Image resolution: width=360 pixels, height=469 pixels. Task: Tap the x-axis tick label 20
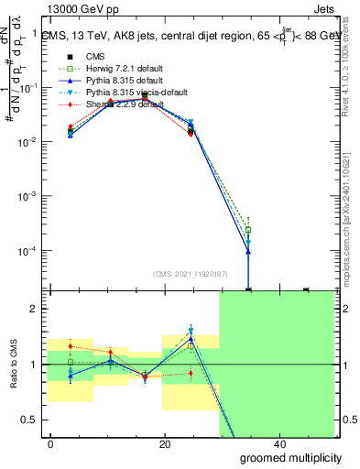[165, 444]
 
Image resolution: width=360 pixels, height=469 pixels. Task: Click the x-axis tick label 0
[51, 444]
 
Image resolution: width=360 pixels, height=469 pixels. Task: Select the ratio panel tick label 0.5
[31, 420]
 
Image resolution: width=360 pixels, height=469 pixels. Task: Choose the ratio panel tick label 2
[36, 310]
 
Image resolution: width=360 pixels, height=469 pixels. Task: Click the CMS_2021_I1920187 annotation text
[191, 273]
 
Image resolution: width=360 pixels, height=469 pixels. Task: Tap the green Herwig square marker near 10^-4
[247, 230]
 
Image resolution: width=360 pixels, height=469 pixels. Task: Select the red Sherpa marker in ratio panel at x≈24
[191, 372]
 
